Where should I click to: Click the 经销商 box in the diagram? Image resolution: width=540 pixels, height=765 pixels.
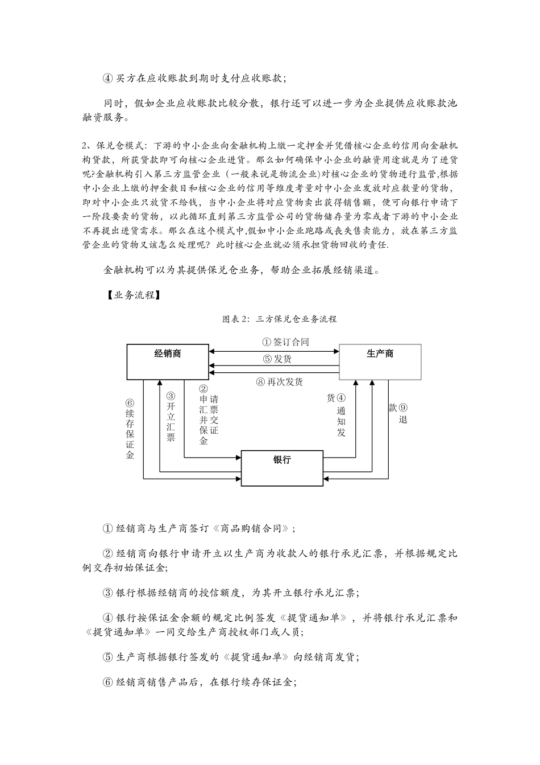point(168,361)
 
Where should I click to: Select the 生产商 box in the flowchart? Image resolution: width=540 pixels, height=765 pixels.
point(380,361)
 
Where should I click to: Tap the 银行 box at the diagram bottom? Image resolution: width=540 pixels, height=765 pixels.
point(283,467)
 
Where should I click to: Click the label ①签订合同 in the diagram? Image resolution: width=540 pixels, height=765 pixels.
point(285,342)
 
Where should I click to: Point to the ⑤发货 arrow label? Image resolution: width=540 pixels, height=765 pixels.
point(277,359)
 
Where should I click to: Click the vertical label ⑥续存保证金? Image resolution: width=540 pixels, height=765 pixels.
point(130,429)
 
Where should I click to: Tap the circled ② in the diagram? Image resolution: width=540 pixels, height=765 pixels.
point(203,389)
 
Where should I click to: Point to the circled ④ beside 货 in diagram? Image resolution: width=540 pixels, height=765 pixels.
point(341,398)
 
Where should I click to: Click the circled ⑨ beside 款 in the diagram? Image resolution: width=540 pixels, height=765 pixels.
point(403,408)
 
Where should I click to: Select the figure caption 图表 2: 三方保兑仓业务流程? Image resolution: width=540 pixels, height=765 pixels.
point(279,319)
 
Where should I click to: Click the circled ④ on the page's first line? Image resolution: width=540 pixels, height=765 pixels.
point(108,78)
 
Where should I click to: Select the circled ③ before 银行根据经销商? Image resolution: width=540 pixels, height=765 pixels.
point(108,593)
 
